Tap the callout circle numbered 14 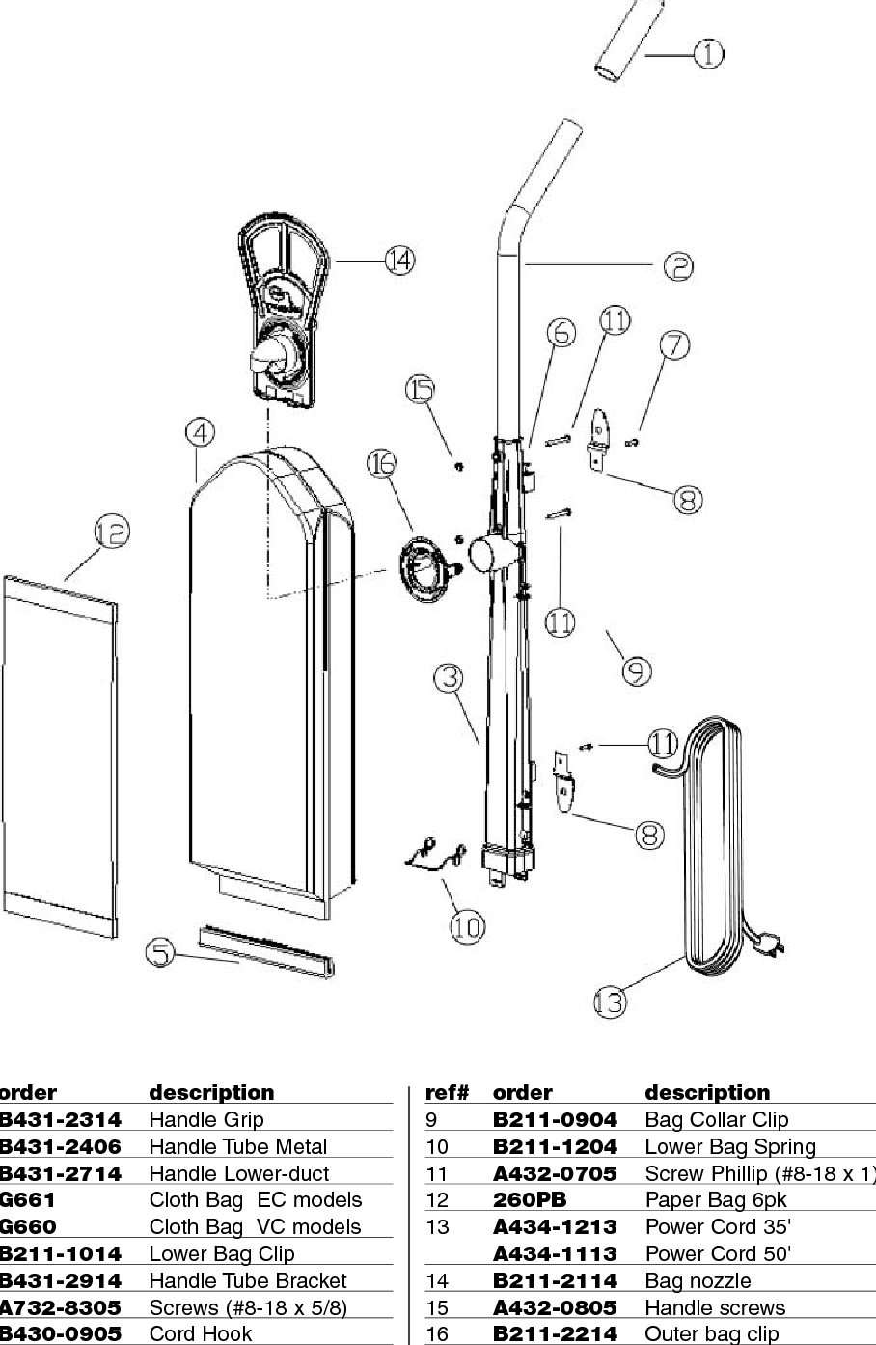coord(398,260)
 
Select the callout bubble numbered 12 coord(112,532)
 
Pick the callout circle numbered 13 coord(610,1002)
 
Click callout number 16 coord(382,464)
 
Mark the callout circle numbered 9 coord(637,671)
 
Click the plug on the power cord coord(768,945)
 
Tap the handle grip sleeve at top coord(628,48)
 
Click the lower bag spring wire coord(432,852)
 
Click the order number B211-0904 coord(554,1120)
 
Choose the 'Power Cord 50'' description coord(718,1254)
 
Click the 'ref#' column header coord(446,1093)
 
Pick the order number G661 coord(29,1200)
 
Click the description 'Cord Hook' coord(200,1334)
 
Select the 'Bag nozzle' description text coord(697,1281)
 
